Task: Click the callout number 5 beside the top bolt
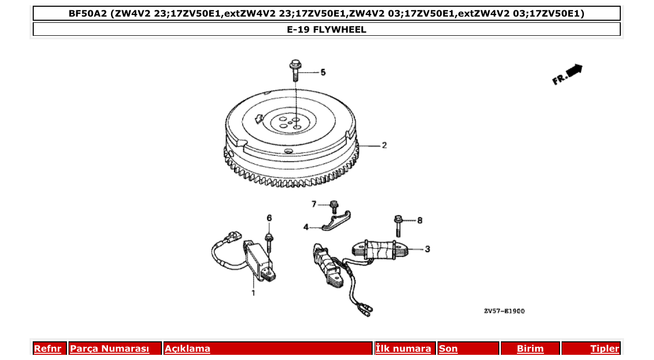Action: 323,73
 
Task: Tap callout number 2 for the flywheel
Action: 384,146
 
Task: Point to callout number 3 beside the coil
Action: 427,250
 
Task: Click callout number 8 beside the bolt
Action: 419,221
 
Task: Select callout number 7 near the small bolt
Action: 314,204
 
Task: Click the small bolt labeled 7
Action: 334,206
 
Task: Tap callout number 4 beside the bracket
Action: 306,227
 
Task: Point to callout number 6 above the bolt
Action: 269,218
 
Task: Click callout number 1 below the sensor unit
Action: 253,293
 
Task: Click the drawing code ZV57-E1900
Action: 504,311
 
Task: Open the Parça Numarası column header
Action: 110,349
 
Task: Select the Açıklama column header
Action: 187,349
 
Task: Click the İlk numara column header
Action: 403,349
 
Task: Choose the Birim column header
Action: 530,349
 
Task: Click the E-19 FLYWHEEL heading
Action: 326,30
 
